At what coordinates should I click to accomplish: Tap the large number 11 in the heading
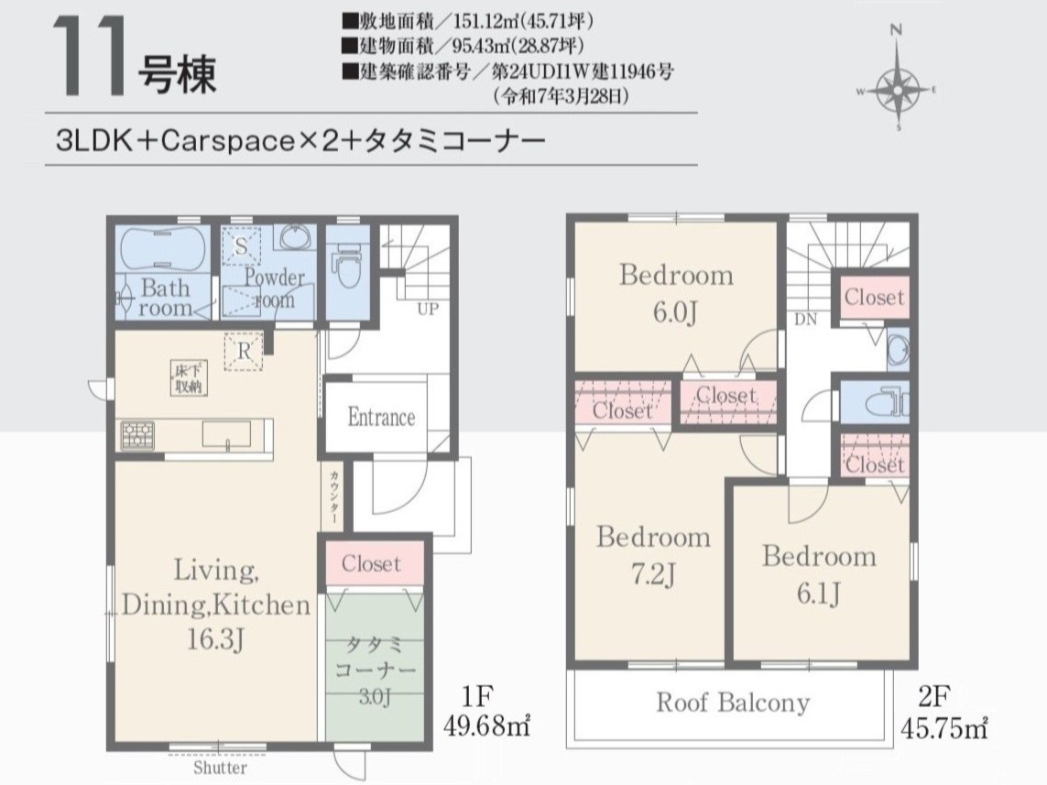pyautogui.click(x=89, y=55)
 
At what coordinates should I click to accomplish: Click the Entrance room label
pyautogui.click(x=381, y=418)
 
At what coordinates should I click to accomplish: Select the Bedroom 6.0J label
pyautogui.click(x=676, y=294)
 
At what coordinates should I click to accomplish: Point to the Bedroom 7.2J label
pyautogui.click(x=653, y=555)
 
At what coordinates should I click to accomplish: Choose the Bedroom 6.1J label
pyautogui.click(x=819, y=574)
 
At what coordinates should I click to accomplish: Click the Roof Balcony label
pyautogui.click(x=733, y=703)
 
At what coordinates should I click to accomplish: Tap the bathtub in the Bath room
pyautogui.click(x=161, y=248)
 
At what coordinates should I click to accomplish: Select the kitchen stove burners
pyautogui.click(x=136, y=434)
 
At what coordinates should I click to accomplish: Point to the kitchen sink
pyautogui.click(x=226, y=434)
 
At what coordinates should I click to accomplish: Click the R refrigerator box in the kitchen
pyautogui.click(x=244, y=351)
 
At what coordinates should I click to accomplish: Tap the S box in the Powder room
pyautogui.click(x=241, y=246)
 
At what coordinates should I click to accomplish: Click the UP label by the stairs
pyautogui.click(x=428, y=310)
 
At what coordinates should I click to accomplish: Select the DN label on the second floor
pyautogui.click(x=805, y=320)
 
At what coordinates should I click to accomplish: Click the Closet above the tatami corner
pyautogui.click(x=371, y=564)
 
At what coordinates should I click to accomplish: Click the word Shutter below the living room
pyautogui.click(x=221, y=768)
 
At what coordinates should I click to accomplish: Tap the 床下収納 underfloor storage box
pyautogui.click(x=190, y=378)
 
